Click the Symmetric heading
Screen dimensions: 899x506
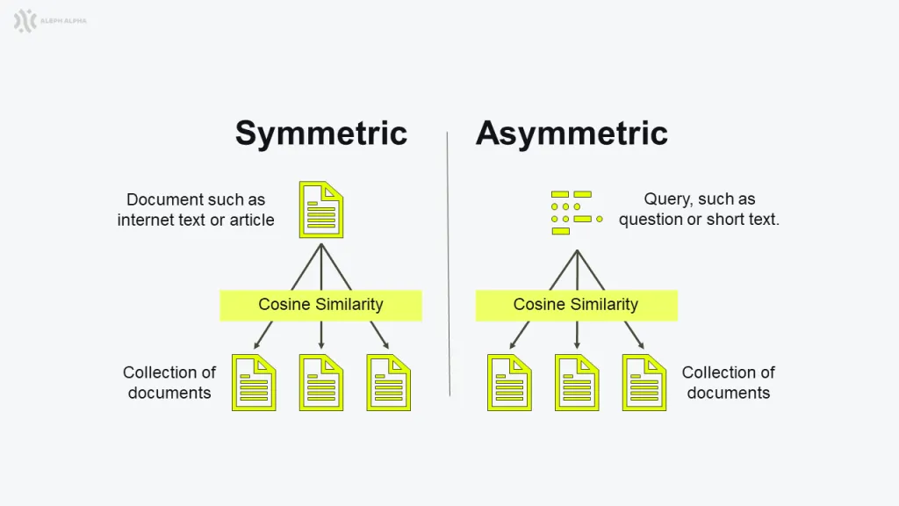pyautogui.click(x=321, y=134)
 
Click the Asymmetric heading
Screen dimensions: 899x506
pyautogui.click(x=572, y=134)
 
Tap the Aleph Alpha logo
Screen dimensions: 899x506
pyautogui.click(x=50, y=21)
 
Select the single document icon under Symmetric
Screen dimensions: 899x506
pyautogui.click(x=321, y=209)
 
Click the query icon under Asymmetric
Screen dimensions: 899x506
pyautogui.click(x=577, y=213)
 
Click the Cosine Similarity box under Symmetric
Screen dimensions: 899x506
pyautogui.click(x=321, y=305)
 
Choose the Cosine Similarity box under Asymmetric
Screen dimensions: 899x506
pyautogui.click(x=576, y=305)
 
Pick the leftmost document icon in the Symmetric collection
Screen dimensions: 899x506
pyautogui.click(x=254, y=383)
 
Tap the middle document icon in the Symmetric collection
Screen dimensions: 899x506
pyautogui.click(x=321, y=383)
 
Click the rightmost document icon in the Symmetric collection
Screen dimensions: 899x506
pyautogui.click(x=389, y=383)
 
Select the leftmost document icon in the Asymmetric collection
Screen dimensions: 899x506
pyautogui.click(x=510, y=383)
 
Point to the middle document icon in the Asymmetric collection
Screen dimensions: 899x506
pyautogui.click(x=577, y=383)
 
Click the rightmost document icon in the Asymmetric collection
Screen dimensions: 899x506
pyautogui.click(x=644, y=383)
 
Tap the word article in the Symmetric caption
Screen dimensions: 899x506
pyautogui.click(x=252, y=220)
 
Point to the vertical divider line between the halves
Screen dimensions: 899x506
pyautogui.click(x=449, y=264)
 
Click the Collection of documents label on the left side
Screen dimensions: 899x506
pyautogui.click(x=169, y=383)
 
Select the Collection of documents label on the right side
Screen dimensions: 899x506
pyautogui.click(x=728, y=383)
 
